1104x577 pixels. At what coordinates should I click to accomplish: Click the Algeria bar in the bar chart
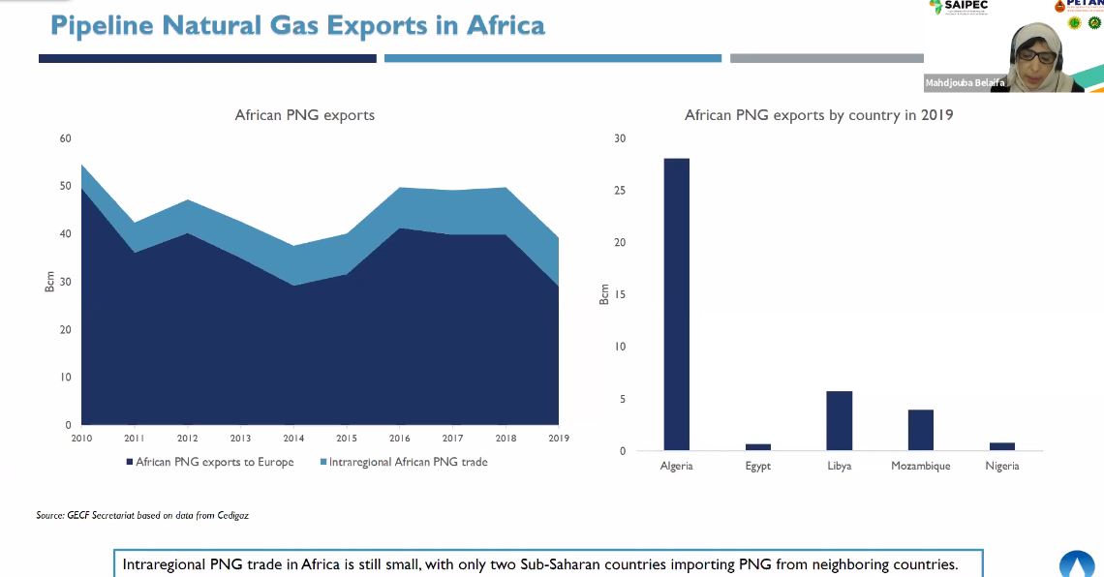pos(676,304)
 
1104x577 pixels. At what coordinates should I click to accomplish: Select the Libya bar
pos(839,421)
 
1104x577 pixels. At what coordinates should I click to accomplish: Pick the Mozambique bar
pos(920,430)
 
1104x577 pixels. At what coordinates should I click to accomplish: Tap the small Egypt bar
pos(758,447)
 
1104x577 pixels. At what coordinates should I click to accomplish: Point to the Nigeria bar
pos(1002,446)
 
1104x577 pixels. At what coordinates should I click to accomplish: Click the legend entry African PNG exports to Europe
pos(214,463)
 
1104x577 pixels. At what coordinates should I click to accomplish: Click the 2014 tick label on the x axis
pos(293,439)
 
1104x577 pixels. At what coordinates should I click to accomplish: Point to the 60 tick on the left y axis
pos(66,138)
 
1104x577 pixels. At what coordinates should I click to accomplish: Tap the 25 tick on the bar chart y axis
pos(621,191)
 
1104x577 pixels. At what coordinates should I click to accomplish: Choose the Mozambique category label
pos(920,467)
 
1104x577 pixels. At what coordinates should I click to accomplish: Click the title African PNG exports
pos(304,115)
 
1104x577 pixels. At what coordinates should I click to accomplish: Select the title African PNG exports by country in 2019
pos(818,115)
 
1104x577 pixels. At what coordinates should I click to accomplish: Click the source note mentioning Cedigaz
pos(142,515)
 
